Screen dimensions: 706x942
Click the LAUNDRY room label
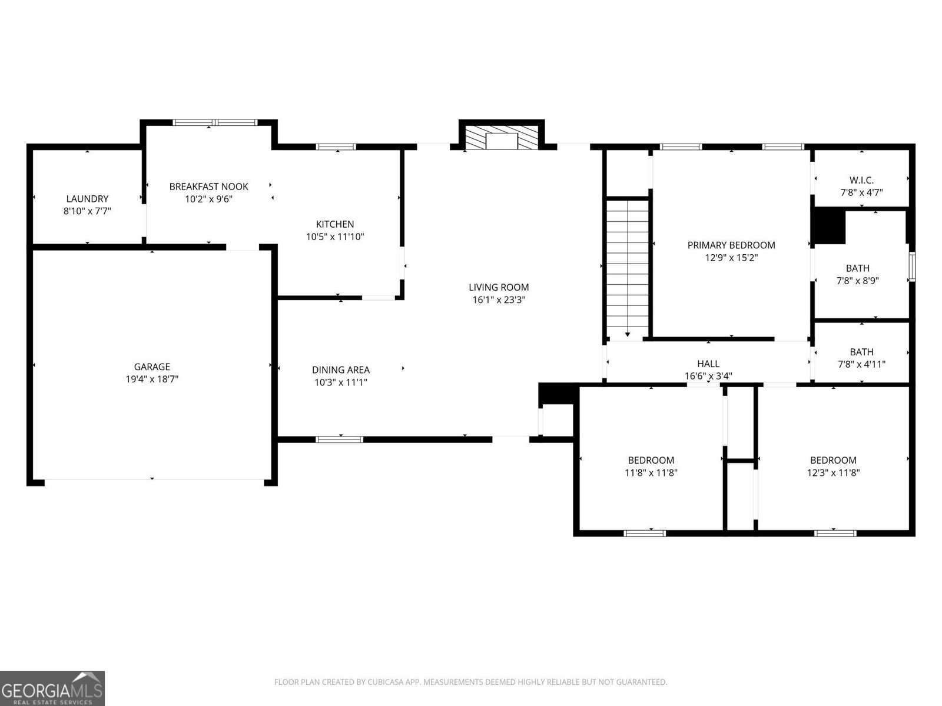click(x=87, y=199)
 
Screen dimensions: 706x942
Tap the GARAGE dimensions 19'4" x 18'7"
click(x=152, y=379)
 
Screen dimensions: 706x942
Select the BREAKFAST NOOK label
click(x=208, y=187)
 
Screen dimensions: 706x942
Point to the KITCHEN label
click(x=335, y=224)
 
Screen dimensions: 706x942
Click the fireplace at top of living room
click(x=502, y=138)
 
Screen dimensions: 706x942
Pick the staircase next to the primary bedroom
click(x=628, y=268)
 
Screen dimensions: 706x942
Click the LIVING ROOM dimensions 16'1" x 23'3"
click(x=499, y=300)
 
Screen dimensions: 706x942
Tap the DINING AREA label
click(x=341, y=369)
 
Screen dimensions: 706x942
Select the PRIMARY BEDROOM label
click(x=731, y=245)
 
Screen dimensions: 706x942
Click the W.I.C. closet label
click(x=861, y=180)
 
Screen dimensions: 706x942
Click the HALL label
click(x=708, y=364)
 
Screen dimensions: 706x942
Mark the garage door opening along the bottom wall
click(x=154, y=481)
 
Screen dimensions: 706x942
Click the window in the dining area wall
click(x=340, y=439)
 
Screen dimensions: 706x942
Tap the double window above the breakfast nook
click(x=215, y=122)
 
